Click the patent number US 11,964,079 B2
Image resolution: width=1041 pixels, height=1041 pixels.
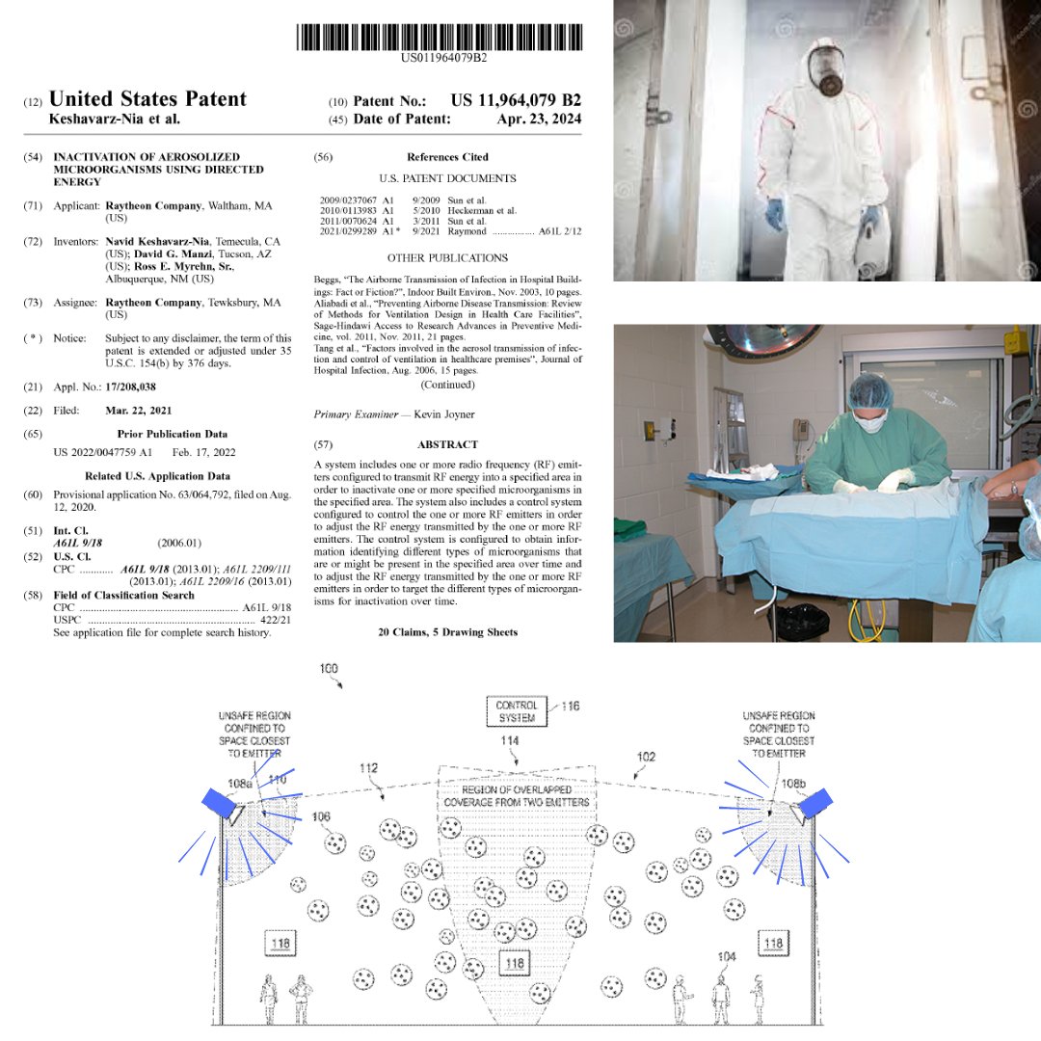click(x=516, y=100)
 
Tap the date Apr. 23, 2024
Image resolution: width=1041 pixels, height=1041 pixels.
click(x=539, y=120)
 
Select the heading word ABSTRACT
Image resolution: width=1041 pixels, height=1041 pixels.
click(x=447, y=445)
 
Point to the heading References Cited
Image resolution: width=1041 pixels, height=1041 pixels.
click(x=447, y=157)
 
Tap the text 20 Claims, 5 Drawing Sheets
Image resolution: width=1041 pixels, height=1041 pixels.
click(x=447, y=632)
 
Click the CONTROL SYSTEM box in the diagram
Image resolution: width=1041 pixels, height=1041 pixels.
click(x=517, y=711)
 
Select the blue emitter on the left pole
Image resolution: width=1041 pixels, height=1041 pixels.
click(x=216, y=800)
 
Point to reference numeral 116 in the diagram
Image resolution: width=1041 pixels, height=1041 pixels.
click(x=571, y=707)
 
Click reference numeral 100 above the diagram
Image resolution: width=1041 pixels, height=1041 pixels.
click(x=329, y=668)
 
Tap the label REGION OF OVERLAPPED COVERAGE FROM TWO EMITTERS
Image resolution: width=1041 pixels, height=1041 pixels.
click(x=517, y=796)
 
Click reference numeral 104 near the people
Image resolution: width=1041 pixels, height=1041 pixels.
click(x=727, y=956)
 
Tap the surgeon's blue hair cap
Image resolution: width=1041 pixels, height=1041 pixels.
click(x=869, y=390)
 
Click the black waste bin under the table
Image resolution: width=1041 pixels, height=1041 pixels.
click(x=802, y=622)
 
